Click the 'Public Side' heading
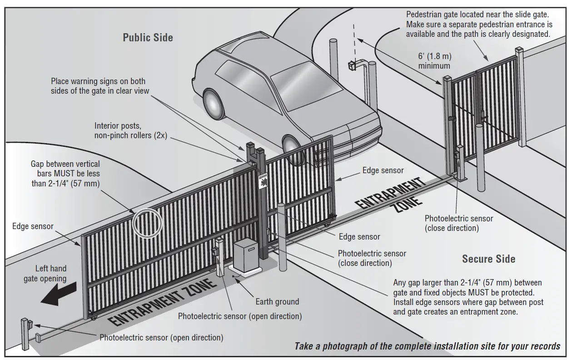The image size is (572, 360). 148,37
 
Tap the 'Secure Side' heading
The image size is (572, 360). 488,259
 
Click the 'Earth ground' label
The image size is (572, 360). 277,301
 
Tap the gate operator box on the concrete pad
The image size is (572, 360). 250,256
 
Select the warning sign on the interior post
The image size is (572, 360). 262,181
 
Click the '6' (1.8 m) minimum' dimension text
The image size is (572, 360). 434,61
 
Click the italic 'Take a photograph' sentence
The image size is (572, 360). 427,346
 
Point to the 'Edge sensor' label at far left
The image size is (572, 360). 33,226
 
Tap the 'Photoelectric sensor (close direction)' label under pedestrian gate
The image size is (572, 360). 458,223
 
